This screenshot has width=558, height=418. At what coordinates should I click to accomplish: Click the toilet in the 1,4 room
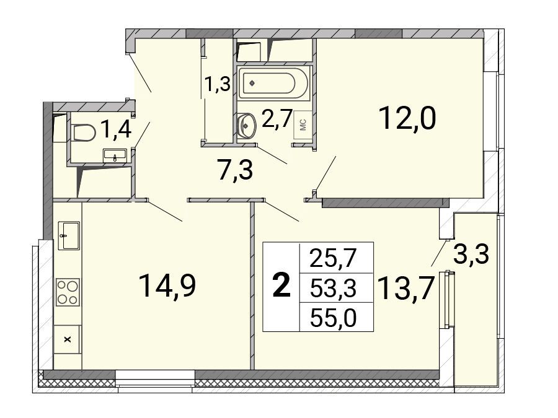click(x=83, y=133)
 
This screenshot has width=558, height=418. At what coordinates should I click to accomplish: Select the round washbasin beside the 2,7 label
click(x=246, y=126)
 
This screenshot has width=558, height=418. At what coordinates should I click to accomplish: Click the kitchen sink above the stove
click(x=69, y=236)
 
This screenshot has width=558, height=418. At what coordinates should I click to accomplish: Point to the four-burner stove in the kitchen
click(x=68, y=292)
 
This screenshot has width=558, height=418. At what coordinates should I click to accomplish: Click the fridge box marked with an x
click(x=67, y=339)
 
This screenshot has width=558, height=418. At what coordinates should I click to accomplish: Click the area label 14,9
click(x=167, y=285)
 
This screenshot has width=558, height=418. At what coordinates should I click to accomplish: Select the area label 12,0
click(x=407, y=118)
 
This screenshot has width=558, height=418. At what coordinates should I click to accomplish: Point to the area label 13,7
click(x=405, y=288)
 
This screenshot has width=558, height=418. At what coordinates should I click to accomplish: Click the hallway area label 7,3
click(x=235, y=170)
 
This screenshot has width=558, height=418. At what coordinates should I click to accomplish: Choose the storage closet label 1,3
click(x=217, y=85)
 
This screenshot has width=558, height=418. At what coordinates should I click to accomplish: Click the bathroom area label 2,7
click(x=277, y=118)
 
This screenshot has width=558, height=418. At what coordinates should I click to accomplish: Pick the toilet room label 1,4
click(x=117, y=129)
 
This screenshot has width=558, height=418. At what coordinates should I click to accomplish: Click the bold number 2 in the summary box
click(x=281, y=287)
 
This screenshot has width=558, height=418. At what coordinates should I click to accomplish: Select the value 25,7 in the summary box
click(x=333, y=258)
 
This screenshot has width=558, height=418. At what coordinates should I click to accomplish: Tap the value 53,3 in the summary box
click(x=333, y=288)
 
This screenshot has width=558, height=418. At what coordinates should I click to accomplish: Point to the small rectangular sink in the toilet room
click(x=115, y=155)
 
